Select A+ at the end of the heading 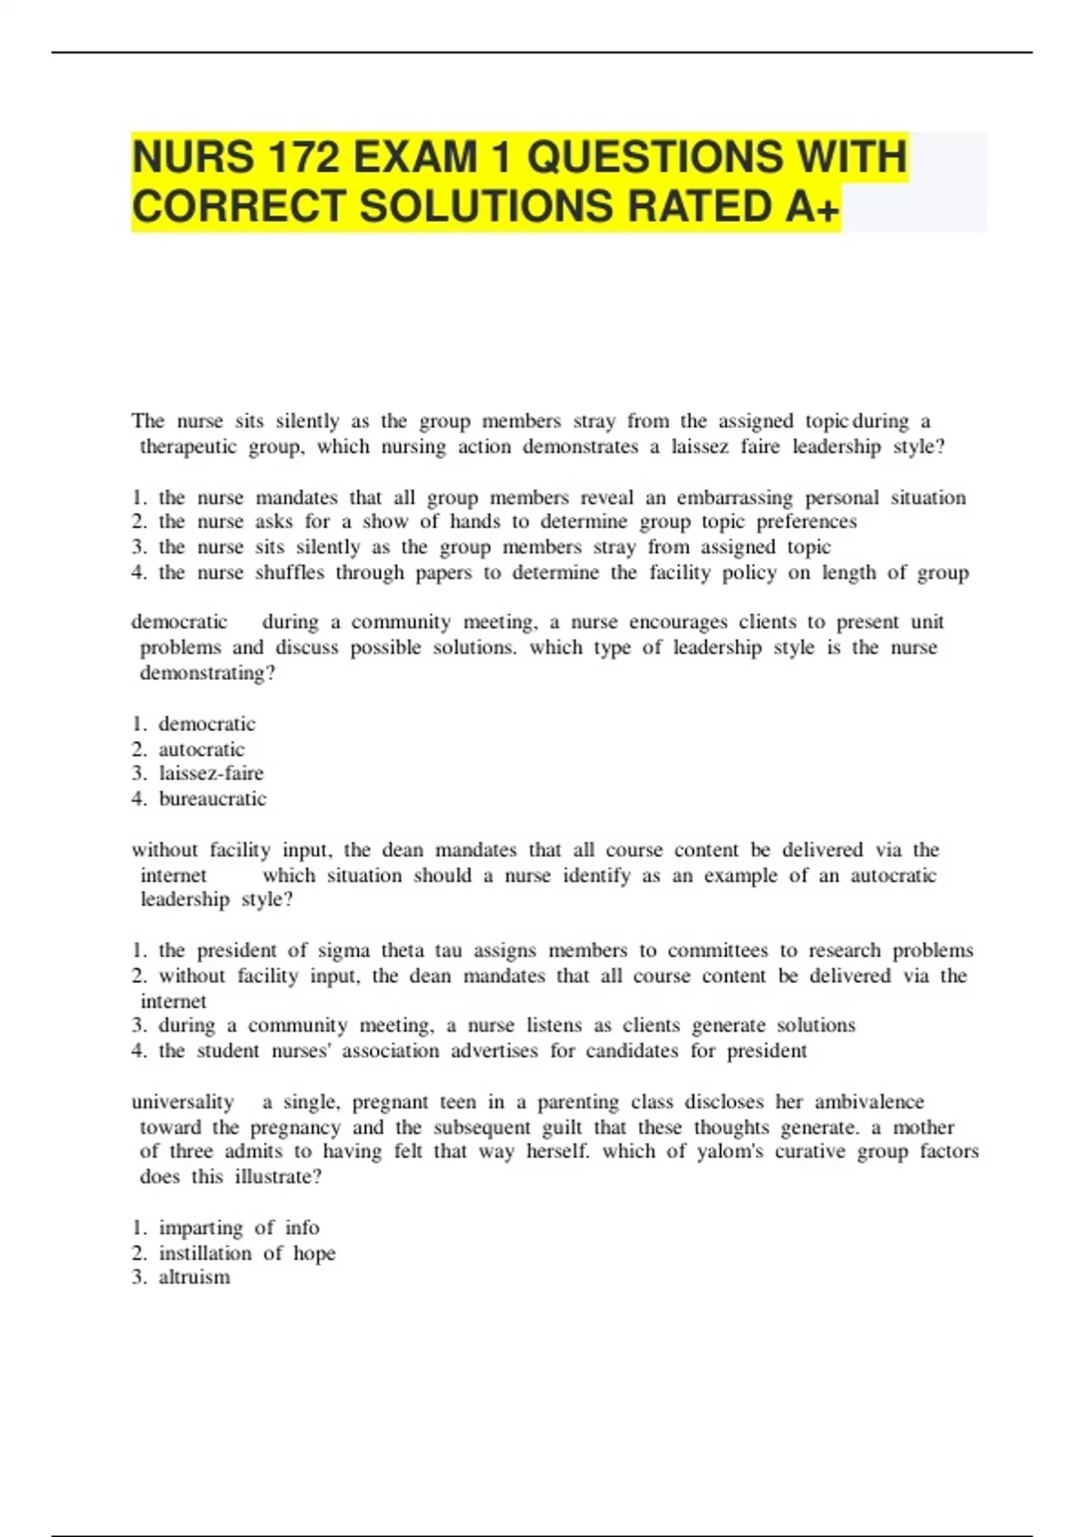(812, 207)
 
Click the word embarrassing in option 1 (734, 498)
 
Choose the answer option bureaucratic (212, 799)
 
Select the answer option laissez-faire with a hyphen (212, 774)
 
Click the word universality (183, 1102)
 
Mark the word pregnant (391, 1102)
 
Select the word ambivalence (869, 1102)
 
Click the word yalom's (730, 1152)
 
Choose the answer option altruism (194, 1278)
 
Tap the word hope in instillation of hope (314, 1254)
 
